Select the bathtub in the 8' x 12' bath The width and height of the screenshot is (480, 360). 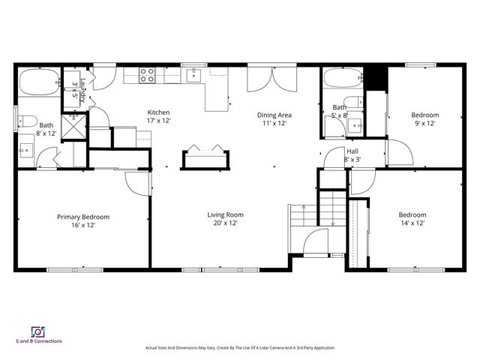(x=37, y=82)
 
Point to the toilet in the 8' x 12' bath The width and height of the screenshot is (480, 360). (x=26, y=120)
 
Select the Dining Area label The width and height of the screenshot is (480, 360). (x=274, y=115)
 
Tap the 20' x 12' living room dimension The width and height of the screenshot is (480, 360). (x=226, y=223)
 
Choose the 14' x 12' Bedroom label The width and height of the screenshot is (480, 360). (x=412, y=214)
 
